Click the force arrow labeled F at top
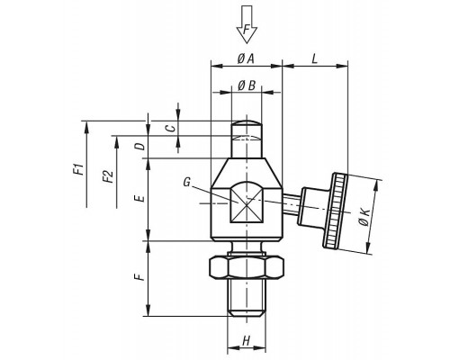coord(247,24)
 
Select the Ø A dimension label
coord(246,58)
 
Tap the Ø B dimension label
coord(247,85)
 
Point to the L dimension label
coord(314,58)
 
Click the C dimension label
coord(171,129)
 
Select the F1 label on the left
coord(78,169)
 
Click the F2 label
coord(108,176)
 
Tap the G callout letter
coord(187,182)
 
